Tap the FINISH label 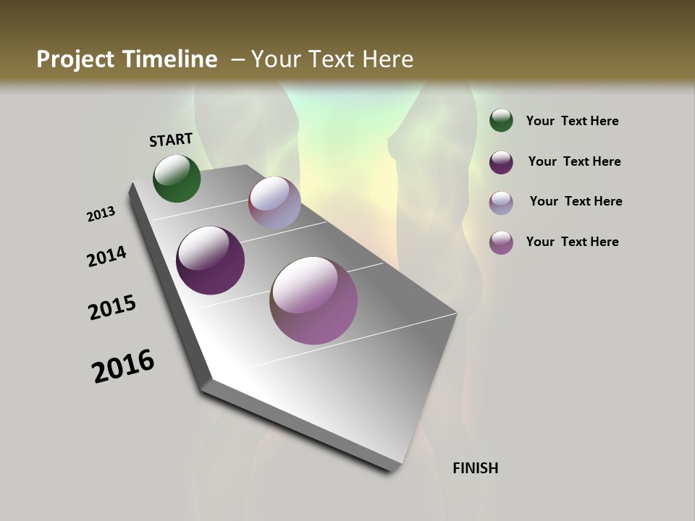pyautogui.click(x=475, y=468)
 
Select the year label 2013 pyautogui.click(x=101, y=214)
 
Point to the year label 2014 pyautogui.click(x=107, y=256)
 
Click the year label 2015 pyautogui.click(x=112, y=308)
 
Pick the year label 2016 pyautogui.click(x=123, y=366)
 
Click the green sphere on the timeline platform pyautogui.click(x=177, y=179)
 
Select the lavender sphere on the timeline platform pyautogui.click(x=274, y=203)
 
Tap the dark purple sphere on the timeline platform pyautogui.click(x=210, y=260)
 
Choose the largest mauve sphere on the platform pyautogui.click(x=313, y=300)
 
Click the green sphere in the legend pyautogui.click(x=501, y=121)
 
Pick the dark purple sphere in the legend pyautogui.click(x=501, y=162)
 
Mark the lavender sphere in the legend pyautogui.click(x=501, y=203)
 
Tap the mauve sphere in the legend pyautogui.click(x=501, y=242)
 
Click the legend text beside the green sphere pyautogui.click(x=572, y=122)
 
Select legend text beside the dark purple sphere pyautogui.click(x=574, y=161)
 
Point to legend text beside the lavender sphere pyautogui.click(x=576, y=201)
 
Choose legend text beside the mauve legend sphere pyautogui.click(x=572, y=242)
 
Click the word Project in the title pyautogui.click(x=75, y=59)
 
